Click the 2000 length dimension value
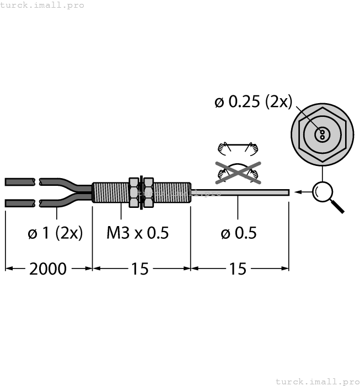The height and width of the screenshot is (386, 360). click(x=47, y=269)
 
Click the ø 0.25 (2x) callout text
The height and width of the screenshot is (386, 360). click(x=253, y=102)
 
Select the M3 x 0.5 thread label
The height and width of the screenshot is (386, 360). click(x=137, y=233)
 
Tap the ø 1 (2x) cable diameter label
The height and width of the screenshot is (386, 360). click(x=55, y=233)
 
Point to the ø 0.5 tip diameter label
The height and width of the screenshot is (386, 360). click(x=239, y=233)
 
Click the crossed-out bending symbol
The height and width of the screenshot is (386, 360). click(x=237, y=173)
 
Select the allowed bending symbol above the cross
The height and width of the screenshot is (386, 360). click(x=238, y=147)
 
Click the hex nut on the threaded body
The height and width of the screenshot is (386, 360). click(x=134, y=192)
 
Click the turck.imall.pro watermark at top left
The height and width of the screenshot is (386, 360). click(x=42, y=5)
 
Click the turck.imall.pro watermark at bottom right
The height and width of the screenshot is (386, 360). click(x=316, y=381)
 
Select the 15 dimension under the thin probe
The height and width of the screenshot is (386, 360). click(x=238, y=269)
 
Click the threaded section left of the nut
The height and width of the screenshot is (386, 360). click(x=110, y=192)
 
